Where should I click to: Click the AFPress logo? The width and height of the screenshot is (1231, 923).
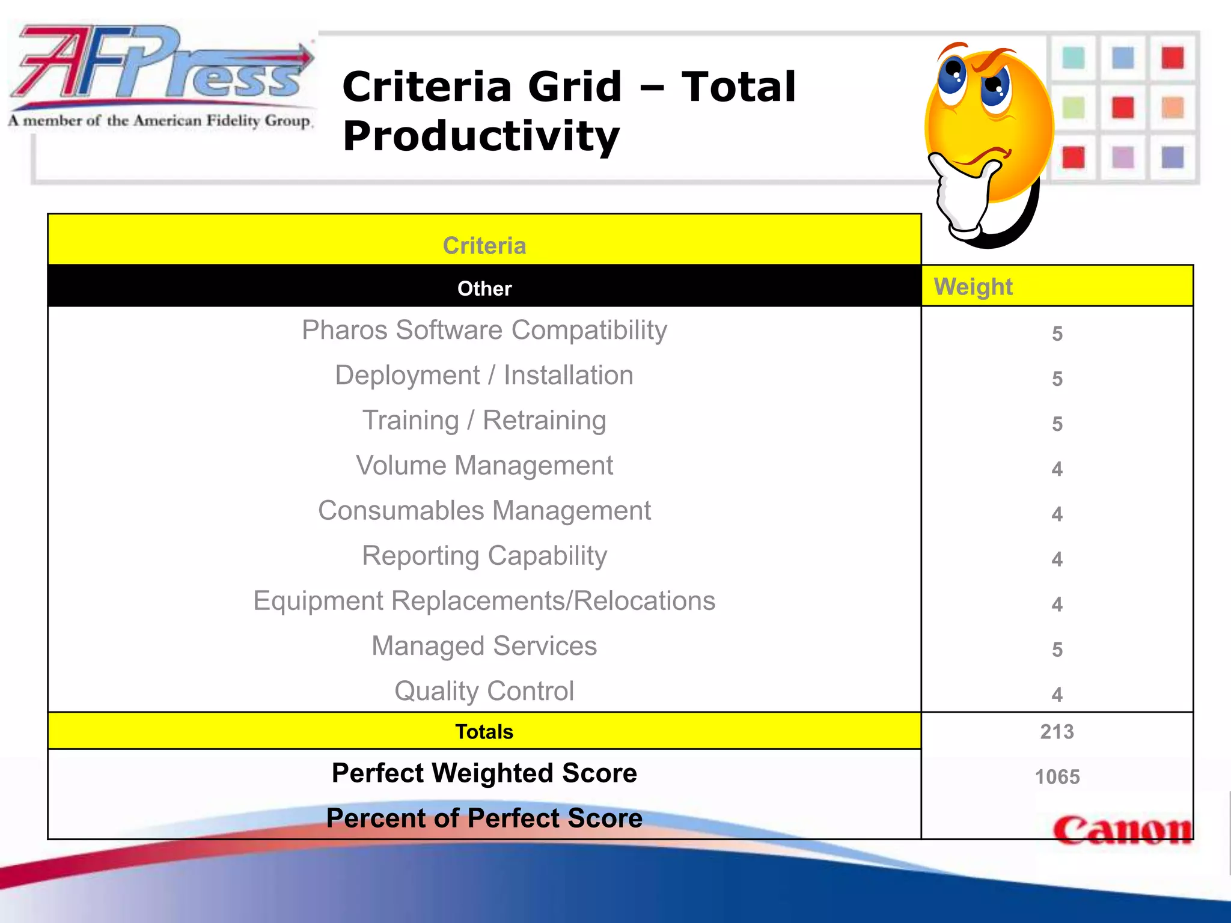tap(161, 75)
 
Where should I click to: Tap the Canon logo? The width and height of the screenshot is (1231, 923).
tap(1122, 830)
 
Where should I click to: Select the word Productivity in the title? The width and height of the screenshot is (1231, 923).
tap(481, 137)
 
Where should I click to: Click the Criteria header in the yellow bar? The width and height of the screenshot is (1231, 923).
tap(484, 246)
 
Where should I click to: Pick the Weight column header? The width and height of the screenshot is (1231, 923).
tap(973, 287)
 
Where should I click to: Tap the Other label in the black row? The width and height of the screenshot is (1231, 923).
tap(484, 288)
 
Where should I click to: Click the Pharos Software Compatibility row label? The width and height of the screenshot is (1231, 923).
tap(484, 330)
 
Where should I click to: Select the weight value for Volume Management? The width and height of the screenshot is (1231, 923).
tap(1057, 469)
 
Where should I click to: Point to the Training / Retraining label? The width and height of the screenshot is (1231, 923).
tap(484, 420)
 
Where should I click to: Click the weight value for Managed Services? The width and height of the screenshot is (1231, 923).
tap(1057, 650)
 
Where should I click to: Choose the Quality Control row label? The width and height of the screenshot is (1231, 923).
tap(484, 691)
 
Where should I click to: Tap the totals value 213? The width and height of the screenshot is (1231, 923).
tap(1057, 731)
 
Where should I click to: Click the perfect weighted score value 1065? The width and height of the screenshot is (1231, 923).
tap(1057, 777)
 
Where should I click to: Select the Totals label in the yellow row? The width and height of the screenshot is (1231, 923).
tap(484, 731)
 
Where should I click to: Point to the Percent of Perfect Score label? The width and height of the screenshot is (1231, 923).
tap(484, 818)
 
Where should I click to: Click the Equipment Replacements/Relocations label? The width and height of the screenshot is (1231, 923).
tap(484, 601)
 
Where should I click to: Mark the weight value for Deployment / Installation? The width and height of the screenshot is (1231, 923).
tap(1057, 379)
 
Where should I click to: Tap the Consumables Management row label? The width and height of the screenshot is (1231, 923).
tap(484, 511)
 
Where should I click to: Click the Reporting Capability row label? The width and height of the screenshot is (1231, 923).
tap(484, 556)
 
